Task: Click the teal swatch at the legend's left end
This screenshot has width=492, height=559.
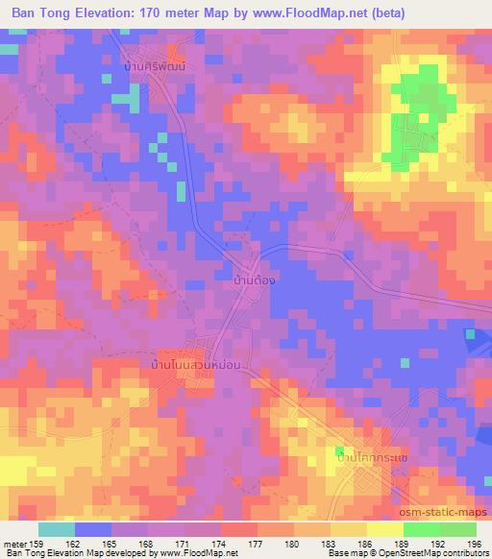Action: (x=57, y=528)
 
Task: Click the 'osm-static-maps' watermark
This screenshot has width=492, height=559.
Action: (x=450, y=513)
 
